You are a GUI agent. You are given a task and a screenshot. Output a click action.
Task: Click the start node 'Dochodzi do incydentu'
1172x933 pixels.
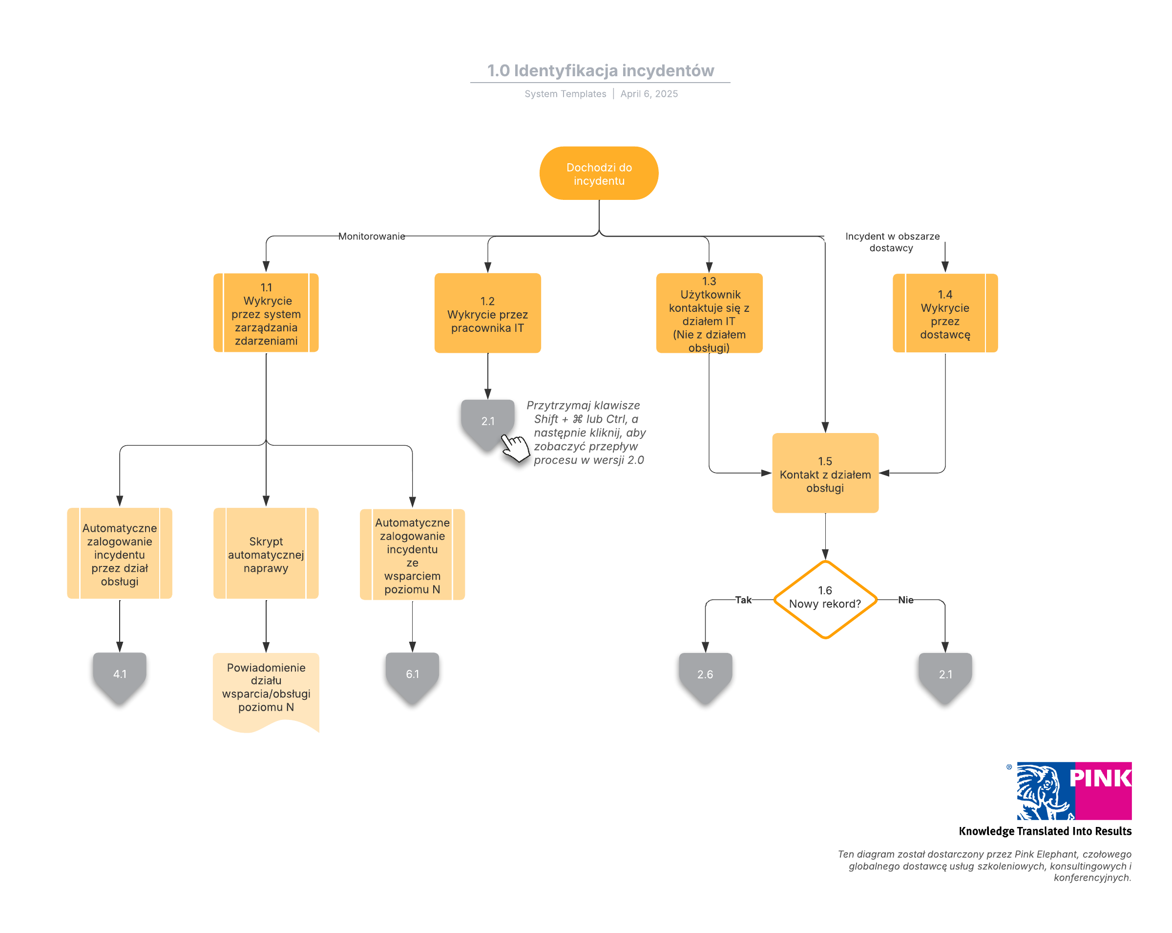(599, 173)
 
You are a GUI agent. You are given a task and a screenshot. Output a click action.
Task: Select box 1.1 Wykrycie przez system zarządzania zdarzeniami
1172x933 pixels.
(266, 313)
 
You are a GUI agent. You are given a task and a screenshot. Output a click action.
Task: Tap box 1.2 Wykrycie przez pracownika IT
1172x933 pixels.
(488, 313)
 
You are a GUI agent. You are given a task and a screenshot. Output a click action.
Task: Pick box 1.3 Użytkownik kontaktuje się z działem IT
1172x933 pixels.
(709, 313)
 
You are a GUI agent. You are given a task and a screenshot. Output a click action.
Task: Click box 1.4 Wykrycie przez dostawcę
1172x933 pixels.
(945, 313)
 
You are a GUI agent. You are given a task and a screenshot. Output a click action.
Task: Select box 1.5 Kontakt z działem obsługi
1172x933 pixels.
(825, 473)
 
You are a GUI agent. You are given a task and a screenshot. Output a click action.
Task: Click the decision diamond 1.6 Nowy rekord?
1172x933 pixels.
(825, 599)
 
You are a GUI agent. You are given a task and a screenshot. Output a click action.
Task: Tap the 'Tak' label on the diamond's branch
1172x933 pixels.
(743, 600)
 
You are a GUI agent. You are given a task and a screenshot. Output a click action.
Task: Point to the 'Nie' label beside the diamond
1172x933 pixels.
(906, 600)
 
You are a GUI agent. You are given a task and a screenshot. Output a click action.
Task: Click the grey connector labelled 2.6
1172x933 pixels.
(705, 677)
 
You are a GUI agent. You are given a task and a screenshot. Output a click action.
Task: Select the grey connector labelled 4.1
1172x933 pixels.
(120, 677)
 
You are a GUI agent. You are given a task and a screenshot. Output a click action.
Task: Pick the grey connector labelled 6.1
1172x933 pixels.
(412, 677)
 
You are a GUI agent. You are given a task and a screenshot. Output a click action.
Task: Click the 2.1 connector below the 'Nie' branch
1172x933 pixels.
(945, 677)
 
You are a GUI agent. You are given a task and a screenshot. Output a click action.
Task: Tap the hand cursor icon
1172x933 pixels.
(515, 447)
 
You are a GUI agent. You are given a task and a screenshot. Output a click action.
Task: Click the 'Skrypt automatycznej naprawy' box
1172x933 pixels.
(266, 553)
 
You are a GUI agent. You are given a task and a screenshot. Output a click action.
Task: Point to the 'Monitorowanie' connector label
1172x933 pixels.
(372, 236)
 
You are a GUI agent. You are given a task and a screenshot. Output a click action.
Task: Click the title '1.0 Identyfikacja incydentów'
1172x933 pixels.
(600, 71)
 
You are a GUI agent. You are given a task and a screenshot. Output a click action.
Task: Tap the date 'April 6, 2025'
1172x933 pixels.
(649, 93)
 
